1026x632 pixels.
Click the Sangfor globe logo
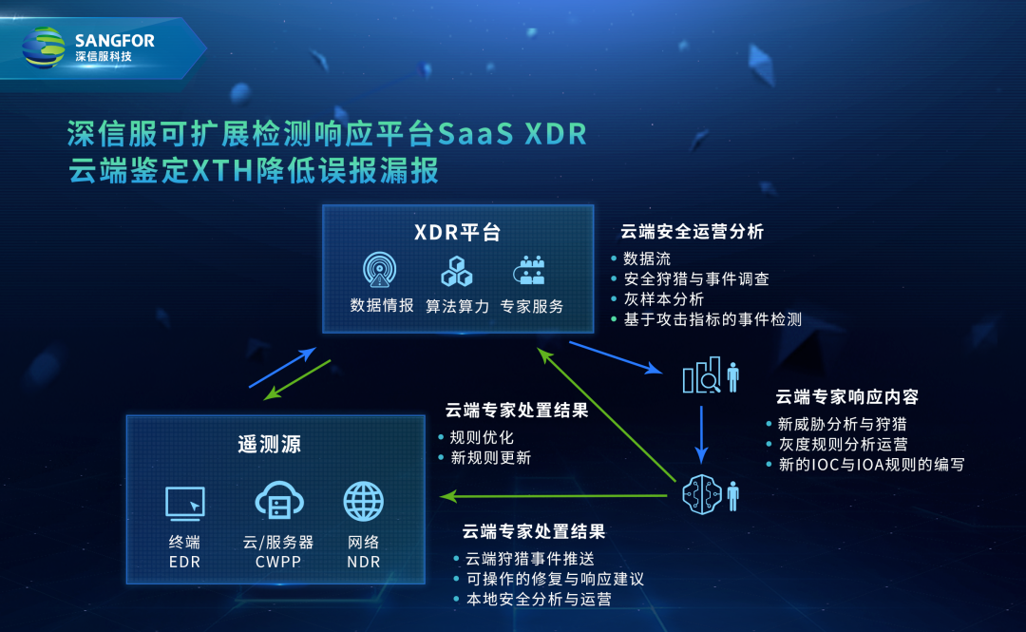click(44, 48)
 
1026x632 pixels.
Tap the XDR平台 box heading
click(458, 233)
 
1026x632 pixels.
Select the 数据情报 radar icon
click(379, 270)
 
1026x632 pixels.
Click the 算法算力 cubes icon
click(457, 271)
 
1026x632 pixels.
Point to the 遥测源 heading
click(270, 445)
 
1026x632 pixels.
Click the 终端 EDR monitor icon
click(185, 504)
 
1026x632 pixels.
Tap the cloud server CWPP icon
click(279, 501)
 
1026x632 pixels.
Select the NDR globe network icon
click(364, 502)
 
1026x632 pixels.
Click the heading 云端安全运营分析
click(693, 232)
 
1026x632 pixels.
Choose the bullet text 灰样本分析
click(663, 299)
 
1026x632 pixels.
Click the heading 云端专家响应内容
click(847, 397)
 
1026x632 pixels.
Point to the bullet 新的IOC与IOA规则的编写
click(871, 465)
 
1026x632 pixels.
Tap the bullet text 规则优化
click(482, 437)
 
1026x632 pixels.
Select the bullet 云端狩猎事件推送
click(530, 559)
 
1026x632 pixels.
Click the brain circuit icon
click(702, 494)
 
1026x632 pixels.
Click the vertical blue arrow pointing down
click(701, 434)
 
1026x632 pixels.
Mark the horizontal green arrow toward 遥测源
click(554, 496)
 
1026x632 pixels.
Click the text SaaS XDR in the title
click(512, 134)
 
